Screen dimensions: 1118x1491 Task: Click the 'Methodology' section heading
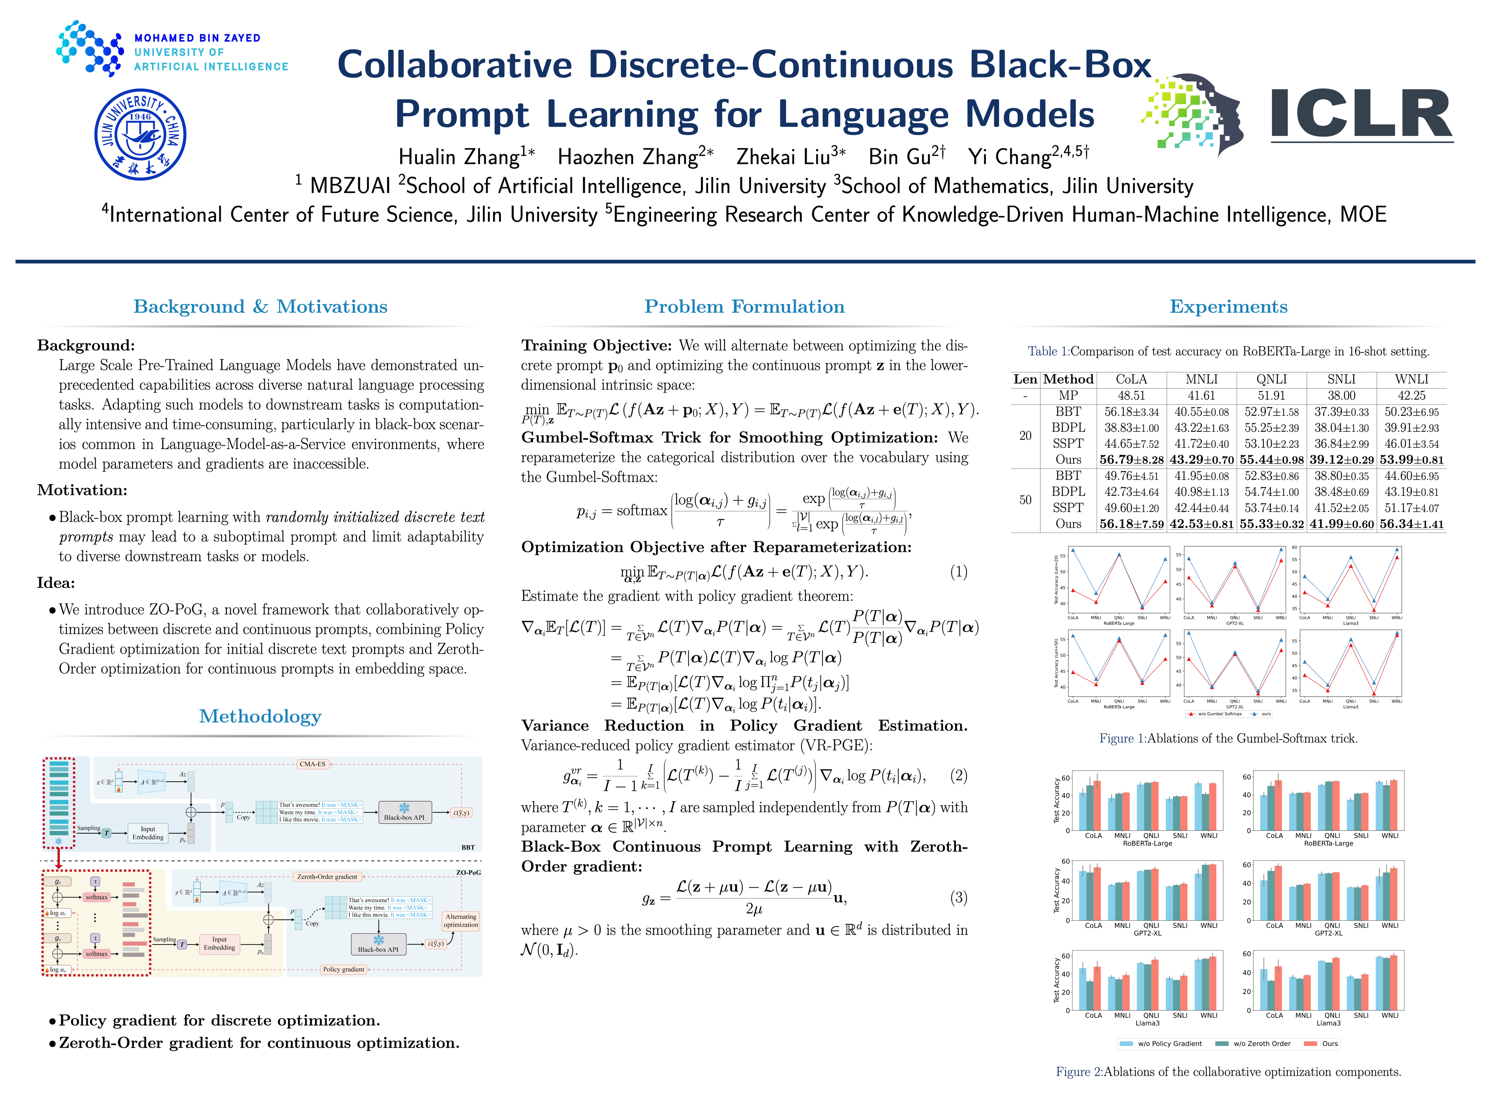click(x=260, y=716)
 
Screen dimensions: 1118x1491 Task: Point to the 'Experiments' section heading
click(x=1228, y=307)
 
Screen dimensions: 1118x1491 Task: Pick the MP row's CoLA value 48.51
click(x=1131, y=396)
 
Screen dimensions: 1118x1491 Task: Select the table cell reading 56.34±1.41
click(x=1411, y=524)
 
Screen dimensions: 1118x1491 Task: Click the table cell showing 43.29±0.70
click(x=1201, y=460)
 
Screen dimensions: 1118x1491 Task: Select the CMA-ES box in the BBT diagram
click(x=312, y=764)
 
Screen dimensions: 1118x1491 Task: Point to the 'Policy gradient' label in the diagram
click(x=343, y=969)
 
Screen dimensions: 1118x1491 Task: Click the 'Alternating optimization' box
click(x=461, y=920)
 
